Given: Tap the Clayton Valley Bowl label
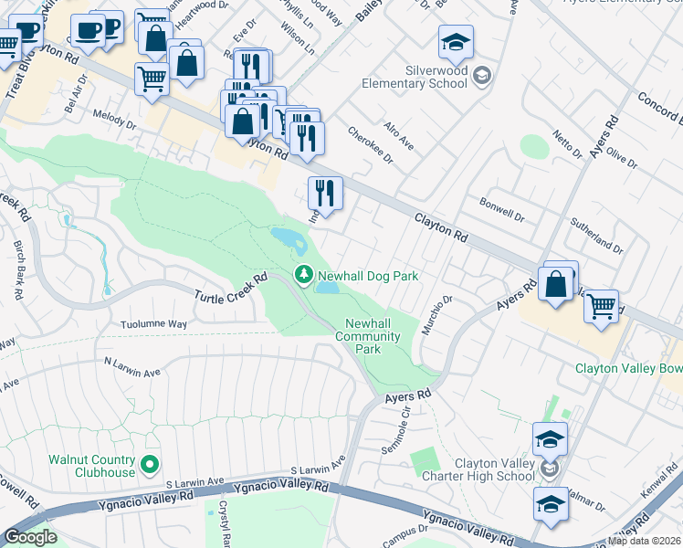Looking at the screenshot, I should click(628, 369).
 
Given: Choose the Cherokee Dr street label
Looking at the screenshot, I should click(369, 144).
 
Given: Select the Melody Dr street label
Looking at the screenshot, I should click(114, 118).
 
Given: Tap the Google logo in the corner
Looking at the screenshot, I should click(30, 537).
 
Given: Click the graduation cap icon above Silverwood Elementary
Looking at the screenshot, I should click(456, 42).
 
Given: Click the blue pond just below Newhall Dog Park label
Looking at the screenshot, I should click(328, 289).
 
